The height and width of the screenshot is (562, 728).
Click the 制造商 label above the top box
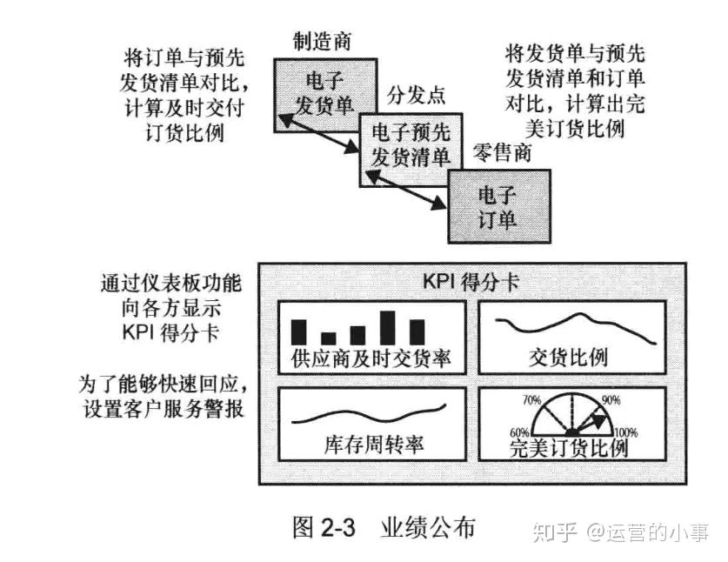[321, 42]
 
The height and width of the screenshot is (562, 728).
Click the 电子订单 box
[499, 206]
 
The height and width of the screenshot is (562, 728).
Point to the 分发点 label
[416, 95]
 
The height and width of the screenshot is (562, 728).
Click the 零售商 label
[502, 152]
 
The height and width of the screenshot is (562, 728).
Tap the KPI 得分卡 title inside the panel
[471, 282]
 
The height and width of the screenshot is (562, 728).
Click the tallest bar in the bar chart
[387, 328]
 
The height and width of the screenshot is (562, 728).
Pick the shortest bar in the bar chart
[328, 338]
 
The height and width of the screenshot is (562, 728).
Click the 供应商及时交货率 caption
[371, 358]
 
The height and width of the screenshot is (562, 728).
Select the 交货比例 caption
[568, 358]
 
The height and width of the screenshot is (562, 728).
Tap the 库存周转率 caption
[374, 445]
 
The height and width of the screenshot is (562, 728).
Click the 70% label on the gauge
[531, 400]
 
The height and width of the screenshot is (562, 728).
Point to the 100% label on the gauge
[626, 432]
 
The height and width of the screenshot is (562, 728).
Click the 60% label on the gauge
[519, 433]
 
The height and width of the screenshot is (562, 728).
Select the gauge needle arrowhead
[599, 420]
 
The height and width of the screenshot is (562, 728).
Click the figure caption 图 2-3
[324, 527]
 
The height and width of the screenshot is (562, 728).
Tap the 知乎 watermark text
[555, 532]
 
